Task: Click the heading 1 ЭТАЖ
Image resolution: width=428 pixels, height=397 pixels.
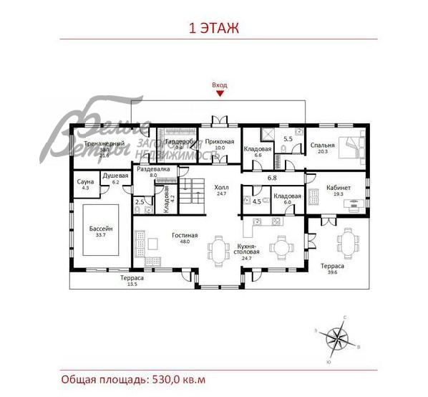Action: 213,29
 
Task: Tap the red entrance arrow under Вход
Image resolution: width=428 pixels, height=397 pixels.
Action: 220,92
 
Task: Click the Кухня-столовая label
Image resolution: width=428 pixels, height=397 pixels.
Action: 248,250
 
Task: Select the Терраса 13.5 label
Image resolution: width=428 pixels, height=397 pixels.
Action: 132,280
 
